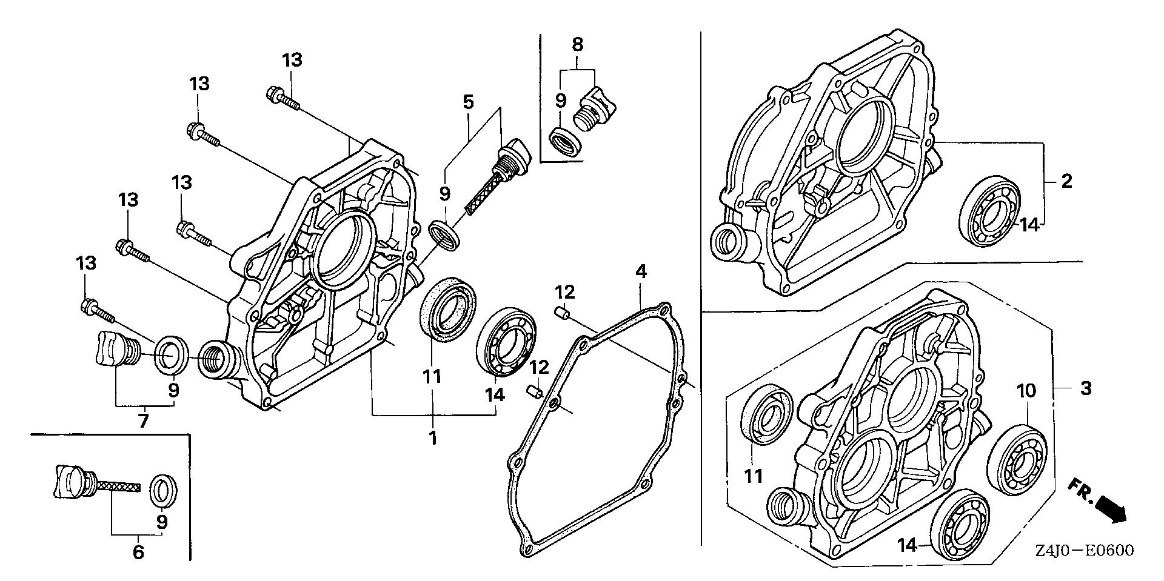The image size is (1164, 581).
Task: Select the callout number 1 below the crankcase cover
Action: pos(433,437)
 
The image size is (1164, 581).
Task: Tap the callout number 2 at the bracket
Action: pos(1066,181)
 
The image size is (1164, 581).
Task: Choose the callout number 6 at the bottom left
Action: pos(138,552)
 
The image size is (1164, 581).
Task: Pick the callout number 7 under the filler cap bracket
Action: pos(143,420)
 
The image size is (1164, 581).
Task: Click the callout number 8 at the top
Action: pos(577,44)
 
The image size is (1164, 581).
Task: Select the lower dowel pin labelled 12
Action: pos(533,391)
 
